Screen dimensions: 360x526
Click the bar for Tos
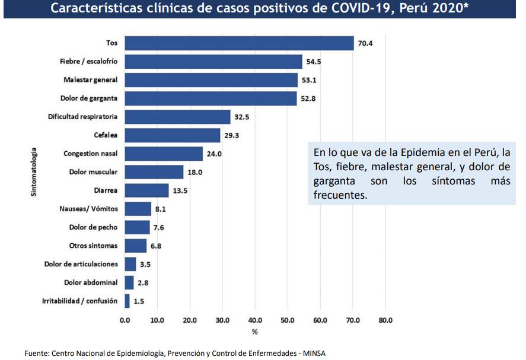(x=240, y=43)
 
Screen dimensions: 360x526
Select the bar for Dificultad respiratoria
(x=178, y=117)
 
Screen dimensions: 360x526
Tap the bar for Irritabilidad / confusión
(x=127, y=301)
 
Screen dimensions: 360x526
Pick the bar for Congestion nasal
(x=164, y=154)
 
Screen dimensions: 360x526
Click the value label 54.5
(x=314, y=62)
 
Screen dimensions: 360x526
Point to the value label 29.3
(x=232, y=135)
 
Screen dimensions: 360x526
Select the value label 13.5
(x=180, y=190)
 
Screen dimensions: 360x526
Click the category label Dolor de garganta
(x=89, y=98)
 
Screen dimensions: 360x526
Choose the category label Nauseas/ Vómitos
(x=88, y=209)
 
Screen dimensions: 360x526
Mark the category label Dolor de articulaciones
(x=81, y=264)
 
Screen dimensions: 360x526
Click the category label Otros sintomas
(x=93, y=246)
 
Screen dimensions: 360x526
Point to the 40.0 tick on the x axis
(x=255, y=320)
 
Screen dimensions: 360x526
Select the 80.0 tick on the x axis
(x=385, y=320)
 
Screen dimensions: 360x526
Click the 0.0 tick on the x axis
(x=125, y=320)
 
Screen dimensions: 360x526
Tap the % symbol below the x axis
(x=254, y=332)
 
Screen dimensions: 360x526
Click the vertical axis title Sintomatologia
(x=34, y=172)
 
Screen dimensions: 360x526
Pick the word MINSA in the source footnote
(x=314, y=353)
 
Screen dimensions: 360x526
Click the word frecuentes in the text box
(x=340, y=195)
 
